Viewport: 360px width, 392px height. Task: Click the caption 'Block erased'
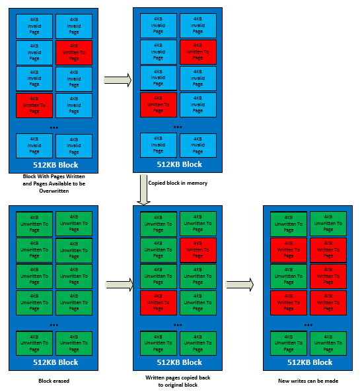tap(54, 381)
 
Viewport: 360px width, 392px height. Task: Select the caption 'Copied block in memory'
tap(178, 183)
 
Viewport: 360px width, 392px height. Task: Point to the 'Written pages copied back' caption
tap(178, 377)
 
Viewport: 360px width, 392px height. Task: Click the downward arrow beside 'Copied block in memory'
tap(142, 189)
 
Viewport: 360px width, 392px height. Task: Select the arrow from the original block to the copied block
tap(118, 81)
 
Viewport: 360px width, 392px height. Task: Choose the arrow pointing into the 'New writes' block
tap(239, 284)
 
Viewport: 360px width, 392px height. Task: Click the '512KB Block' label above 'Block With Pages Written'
tap(55, 164)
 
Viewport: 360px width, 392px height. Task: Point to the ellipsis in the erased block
tap(54, 325)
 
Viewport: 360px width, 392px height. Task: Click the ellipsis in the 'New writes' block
tap(308, 325)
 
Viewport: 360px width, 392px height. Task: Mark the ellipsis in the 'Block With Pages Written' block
tap(54, 127)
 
